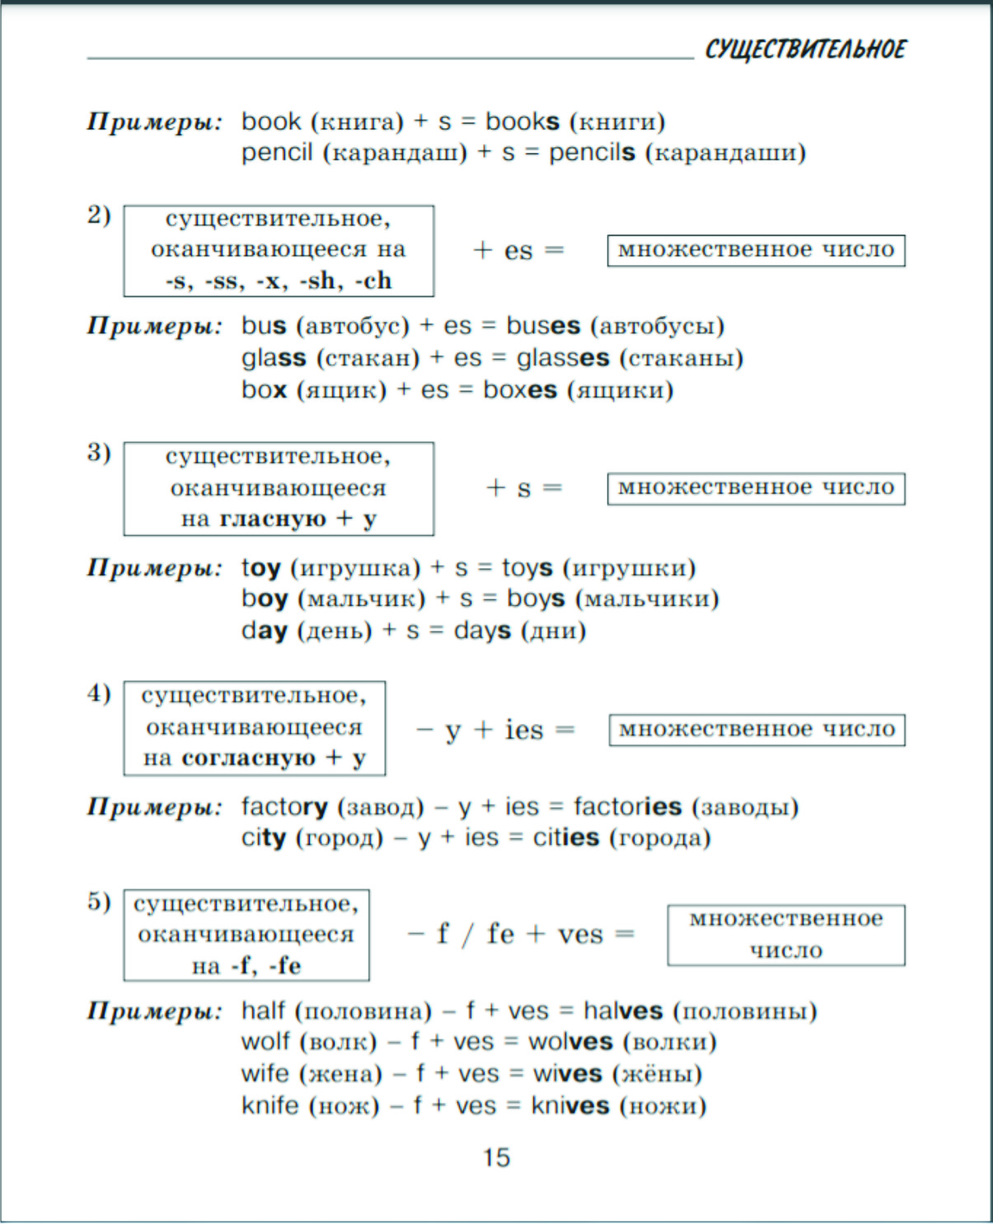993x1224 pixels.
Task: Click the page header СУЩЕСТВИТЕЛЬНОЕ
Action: pos(804,49)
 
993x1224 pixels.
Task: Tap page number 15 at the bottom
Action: pos(496,1157)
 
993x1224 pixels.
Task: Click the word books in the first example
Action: pos(522,122)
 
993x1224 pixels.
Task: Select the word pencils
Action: pos(592,152)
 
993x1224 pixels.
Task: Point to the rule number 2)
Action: pos(99,215)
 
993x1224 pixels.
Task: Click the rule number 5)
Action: pos(99,902)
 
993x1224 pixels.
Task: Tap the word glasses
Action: pos(563,359)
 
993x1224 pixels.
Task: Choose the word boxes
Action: pos(519,390)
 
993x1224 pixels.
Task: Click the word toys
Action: pos(527,568)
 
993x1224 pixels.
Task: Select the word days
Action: pos(482,631)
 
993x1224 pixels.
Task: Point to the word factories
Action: pos(627,806)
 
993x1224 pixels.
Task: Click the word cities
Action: pos(565,838)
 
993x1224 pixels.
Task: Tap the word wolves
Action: pos(570,1042)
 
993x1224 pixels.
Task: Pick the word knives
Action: pos(569,1105)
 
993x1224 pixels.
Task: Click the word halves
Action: pos(622,1011)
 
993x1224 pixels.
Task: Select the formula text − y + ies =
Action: pos(496,730)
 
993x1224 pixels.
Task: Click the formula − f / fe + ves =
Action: pos(521,935)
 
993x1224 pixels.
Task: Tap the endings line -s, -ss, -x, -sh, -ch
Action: pos(279,281)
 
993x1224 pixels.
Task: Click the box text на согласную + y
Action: pos(254,757)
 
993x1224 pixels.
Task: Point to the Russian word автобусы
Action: pos(657,326)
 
